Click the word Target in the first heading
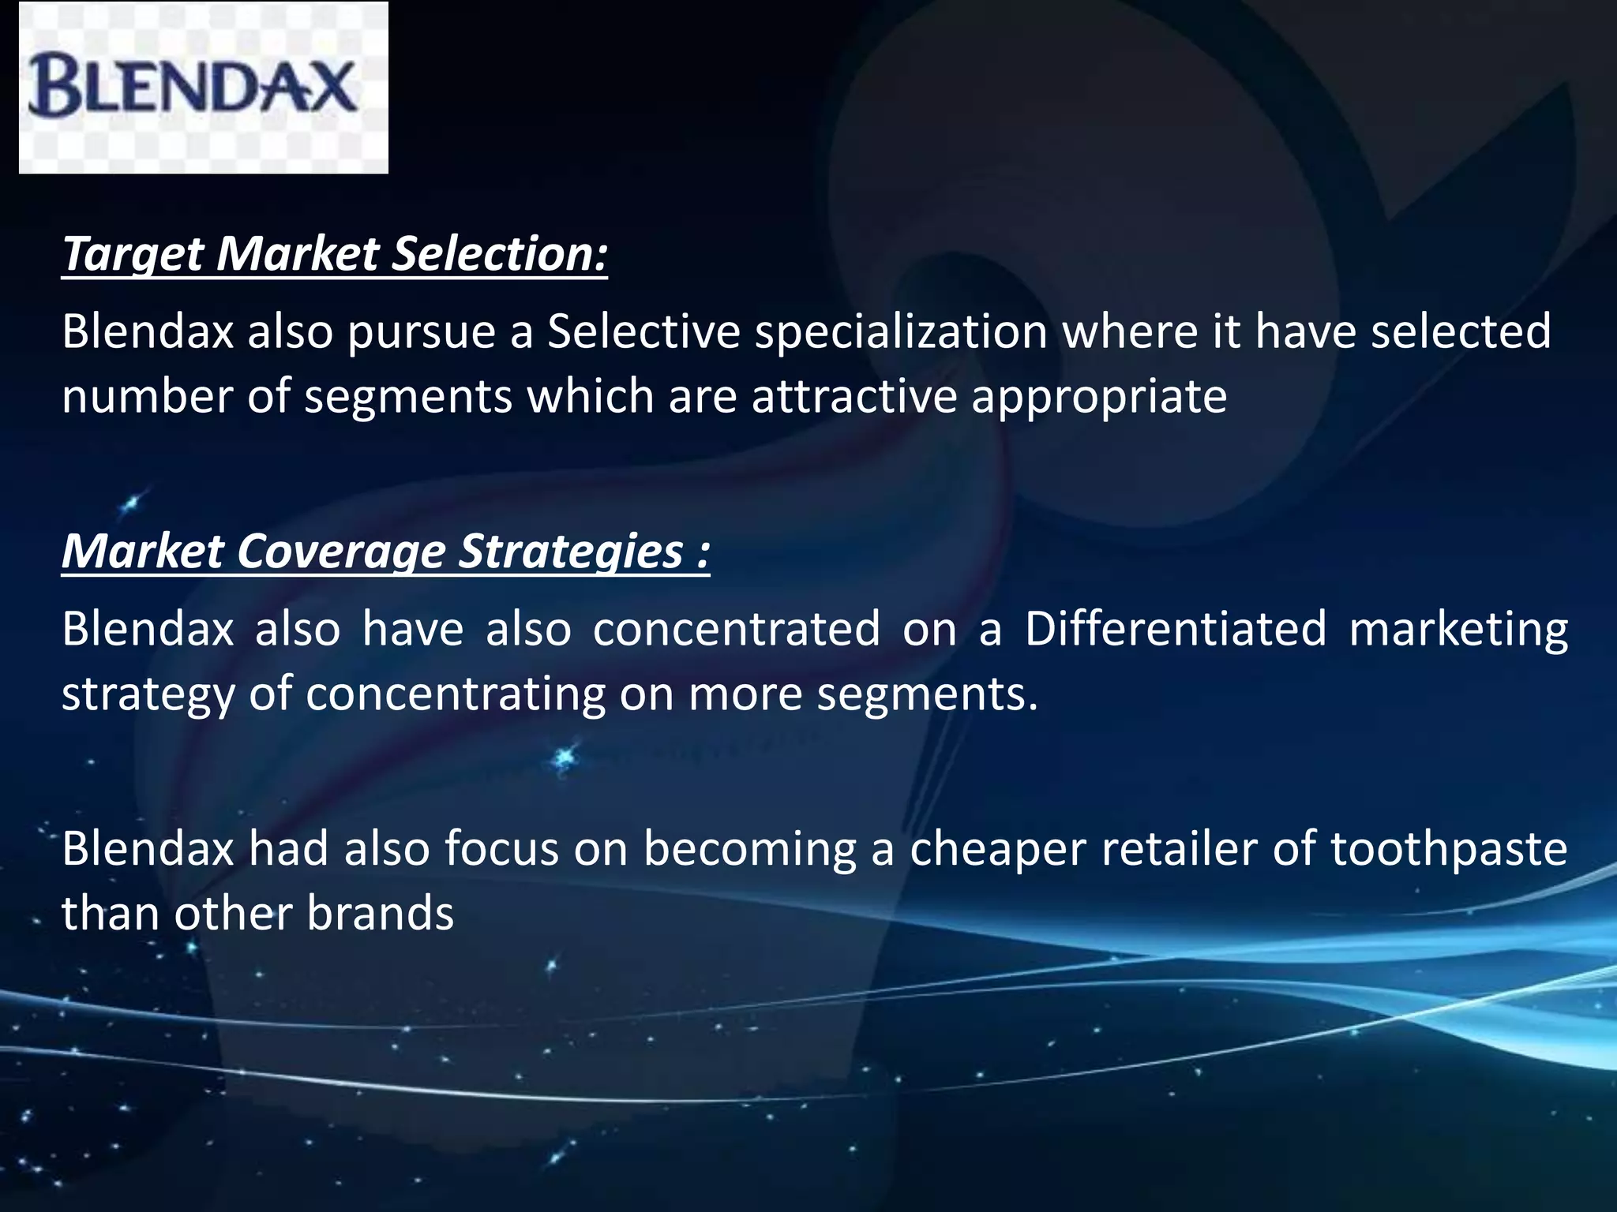pyautogui.click(x=132, y=254)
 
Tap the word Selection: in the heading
pyautogui.click(x=500, y=254)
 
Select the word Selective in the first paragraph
pyautogui.click(x=643, y=331)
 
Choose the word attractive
pyautogui.click(x=854, y=396)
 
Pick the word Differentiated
pyautogui.click(x=1176, y=629)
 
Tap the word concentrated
pyautogui.click(x=736, y=629)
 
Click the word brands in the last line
pyautogui.click(x=380, y=914)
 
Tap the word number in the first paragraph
pyautogui.click(x=147, y=396)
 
